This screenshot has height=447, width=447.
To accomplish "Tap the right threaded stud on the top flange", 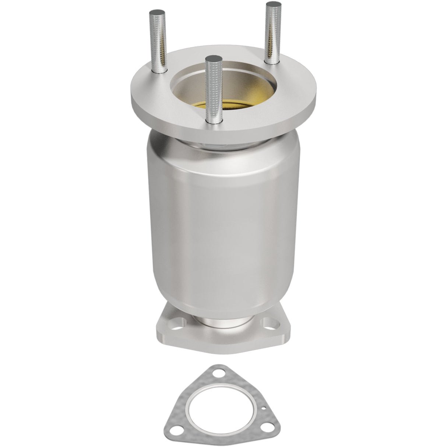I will (273, 33).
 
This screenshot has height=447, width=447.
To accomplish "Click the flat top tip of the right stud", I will (274, 4).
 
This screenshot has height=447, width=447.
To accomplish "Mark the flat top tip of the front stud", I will (214, 59).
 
